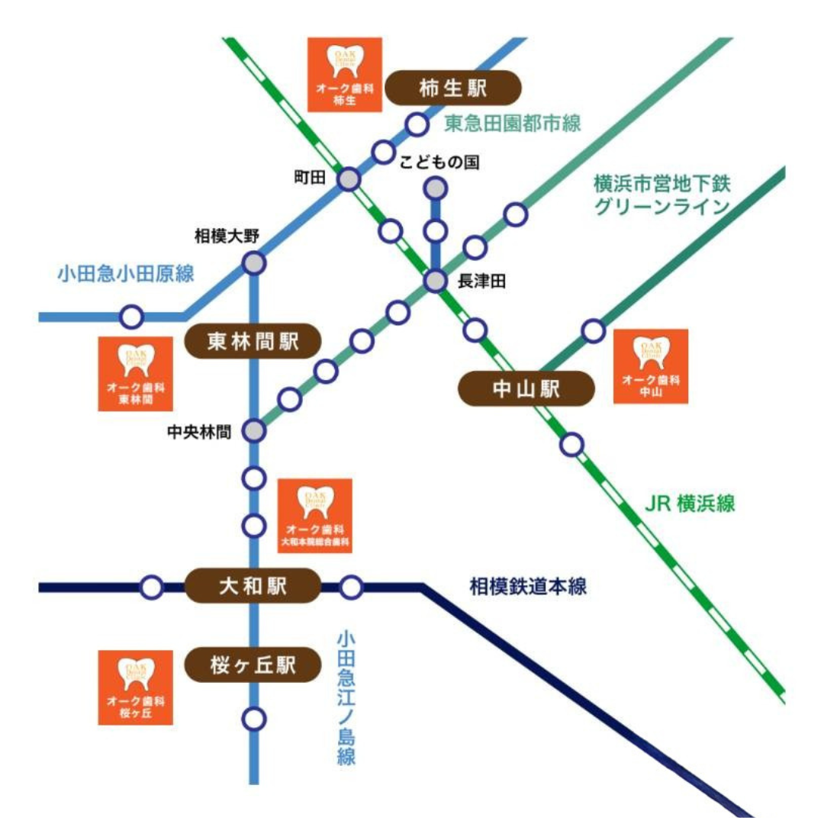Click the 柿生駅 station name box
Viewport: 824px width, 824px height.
[x=453, y=89]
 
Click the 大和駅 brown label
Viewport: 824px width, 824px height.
[x=253, y=586]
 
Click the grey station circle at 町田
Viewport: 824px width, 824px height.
[x=349, y=179]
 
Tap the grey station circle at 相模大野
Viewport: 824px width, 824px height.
[x=254, y=264]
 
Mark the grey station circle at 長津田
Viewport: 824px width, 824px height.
[x=435, y=282]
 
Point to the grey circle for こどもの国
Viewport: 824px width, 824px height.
[x=435, y=188]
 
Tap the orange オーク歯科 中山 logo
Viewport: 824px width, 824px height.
[x=651, y=366]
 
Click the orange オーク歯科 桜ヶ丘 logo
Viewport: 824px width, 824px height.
[x=136, y=687]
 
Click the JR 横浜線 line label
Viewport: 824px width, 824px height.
[x=689, y=504]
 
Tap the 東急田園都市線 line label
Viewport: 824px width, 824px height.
[x=513, y=122]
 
